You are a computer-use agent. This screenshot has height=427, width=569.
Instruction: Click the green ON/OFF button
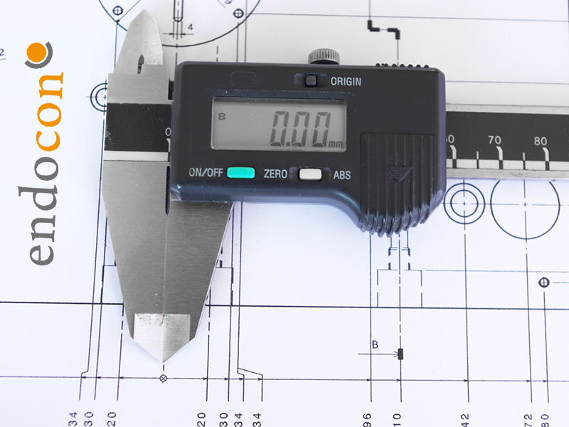point(241,173)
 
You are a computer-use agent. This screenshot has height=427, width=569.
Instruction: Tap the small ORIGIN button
point(311,80)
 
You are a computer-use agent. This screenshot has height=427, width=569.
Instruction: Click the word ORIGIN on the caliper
point(346,82)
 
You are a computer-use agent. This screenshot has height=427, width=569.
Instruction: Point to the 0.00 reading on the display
point(300,130)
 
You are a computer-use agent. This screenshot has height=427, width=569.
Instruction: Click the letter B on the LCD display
point(222,117)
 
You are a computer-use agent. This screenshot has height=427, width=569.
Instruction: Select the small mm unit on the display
point(336,144)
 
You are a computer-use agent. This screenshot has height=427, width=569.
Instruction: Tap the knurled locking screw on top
point(324,56)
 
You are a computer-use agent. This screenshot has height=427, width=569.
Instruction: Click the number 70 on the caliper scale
point(494,140)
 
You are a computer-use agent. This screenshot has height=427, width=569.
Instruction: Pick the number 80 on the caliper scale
point(541,141)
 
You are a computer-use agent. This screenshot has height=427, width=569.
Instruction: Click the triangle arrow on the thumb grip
point(399,174)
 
